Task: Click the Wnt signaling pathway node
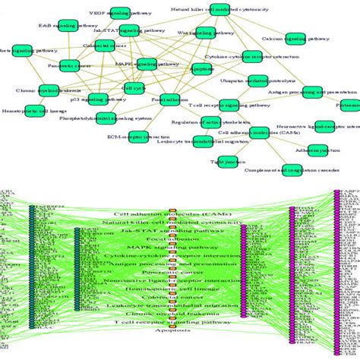204,33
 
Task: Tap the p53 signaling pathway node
98,99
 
